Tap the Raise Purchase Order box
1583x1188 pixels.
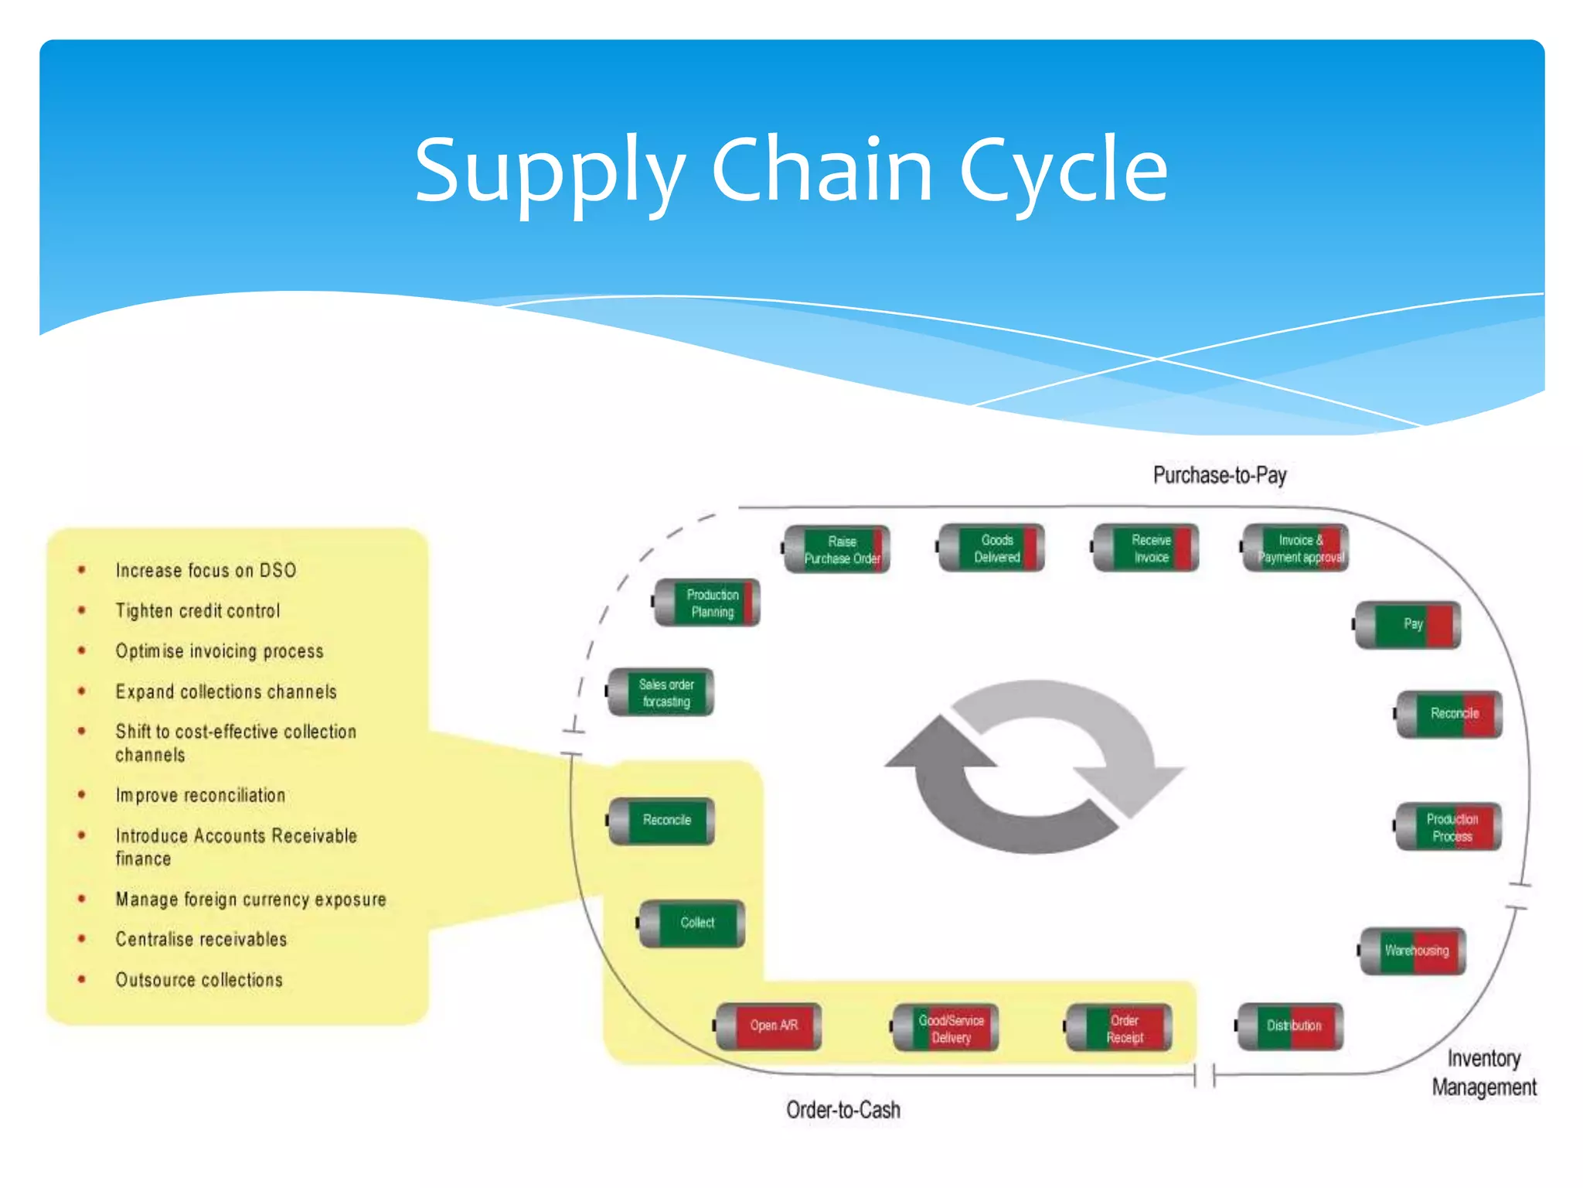[838, 550]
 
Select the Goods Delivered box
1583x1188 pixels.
[992, 548]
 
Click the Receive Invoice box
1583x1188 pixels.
[1147, 548]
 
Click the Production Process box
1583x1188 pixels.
[1449, 828]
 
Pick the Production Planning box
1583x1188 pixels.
[708, 603]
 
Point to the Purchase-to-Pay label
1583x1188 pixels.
[1219, 475]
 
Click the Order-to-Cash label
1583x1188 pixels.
[843, 1110]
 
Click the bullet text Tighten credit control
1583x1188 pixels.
[198, 611]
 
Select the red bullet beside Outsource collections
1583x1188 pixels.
[81, 979]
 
